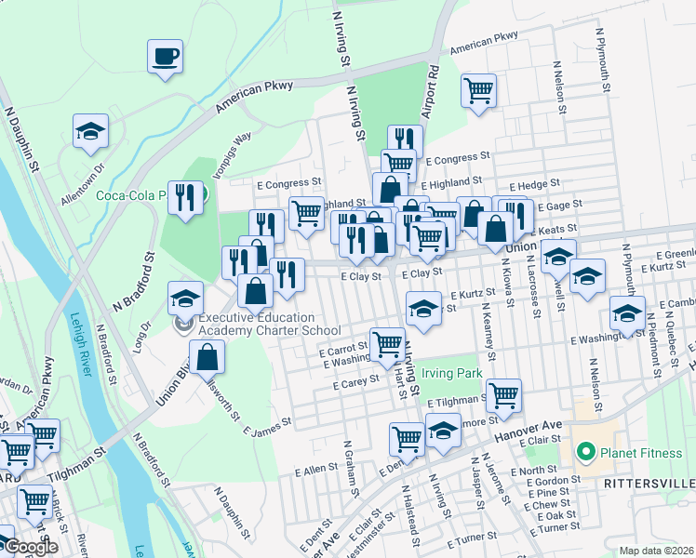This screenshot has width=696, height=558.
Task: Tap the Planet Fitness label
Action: pyautogui.click(x=636, y=454)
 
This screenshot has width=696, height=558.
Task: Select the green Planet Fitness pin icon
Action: pyautogui.click(x=585, y=454)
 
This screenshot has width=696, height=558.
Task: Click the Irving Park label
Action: pyautogui.click(x=451, y=373)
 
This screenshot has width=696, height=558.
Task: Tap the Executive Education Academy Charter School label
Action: pyautogui.click(x=269, y=324)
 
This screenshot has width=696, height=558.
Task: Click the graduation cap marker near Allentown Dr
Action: pyautogui.click(x=91, y=131)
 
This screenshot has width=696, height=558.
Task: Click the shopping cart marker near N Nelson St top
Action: pyautogui.click(x=478, y=92)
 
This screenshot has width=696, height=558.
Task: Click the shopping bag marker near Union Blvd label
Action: pyautogui.click(x=207, y=356)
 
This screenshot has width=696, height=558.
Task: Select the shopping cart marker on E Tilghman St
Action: pyautogui.click(x=503, y=395)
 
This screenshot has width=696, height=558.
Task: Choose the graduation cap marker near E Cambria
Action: pyautogui.click(x=626, y=313)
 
